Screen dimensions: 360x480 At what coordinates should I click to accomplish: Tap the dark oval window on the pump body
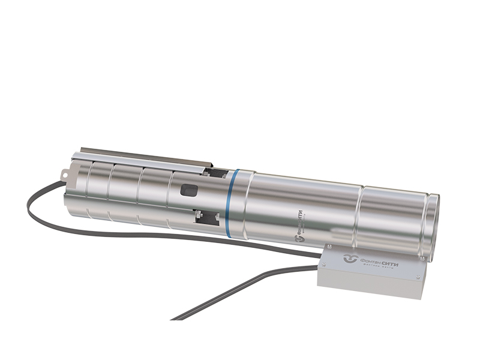coord(189,191)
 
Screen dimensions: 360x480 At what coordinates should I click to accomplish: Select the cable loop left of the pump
coord(33,204)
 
